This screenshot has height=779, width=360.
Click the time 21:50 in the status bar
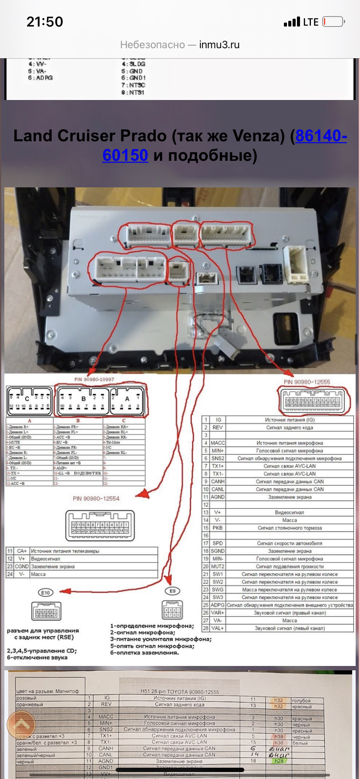point(45,22)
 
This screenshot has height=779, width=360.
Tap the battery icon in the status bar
point(333,22)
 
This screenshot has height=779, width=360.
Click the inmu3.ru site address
point(219,45)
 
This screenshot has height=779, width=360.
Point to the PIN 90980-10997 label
point(94,380)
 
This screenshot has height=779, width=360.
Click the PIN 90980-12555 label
point(307,382)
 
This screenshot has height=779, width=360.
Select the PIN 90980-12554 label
point(96,499)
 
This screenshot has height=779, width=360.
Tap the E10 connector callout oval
point(46,593)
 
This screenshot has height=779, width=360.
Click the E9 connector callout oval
point(173,591)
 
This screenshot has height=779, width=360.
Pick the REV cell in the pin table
point(217,427)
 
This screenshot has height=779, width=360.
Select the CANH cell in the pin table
point(218,482)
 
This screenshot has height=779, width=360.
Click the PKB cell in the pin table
point(217,528)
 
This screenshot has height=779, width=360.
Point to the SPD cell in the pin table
point(217,543)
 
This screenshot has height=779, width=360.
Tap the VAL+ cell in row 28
point(217,628)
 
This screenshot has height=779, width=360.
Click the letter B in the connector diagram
point(83,398)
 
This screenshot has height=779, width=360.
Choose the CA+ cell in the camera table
point(22,551)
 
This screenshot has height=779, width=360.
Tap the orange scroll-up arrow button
point(22,725)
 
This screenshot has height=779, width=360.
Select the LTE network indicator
point(310,22)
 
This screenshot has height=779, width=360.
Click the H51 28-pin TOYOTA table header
point(180,692)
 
